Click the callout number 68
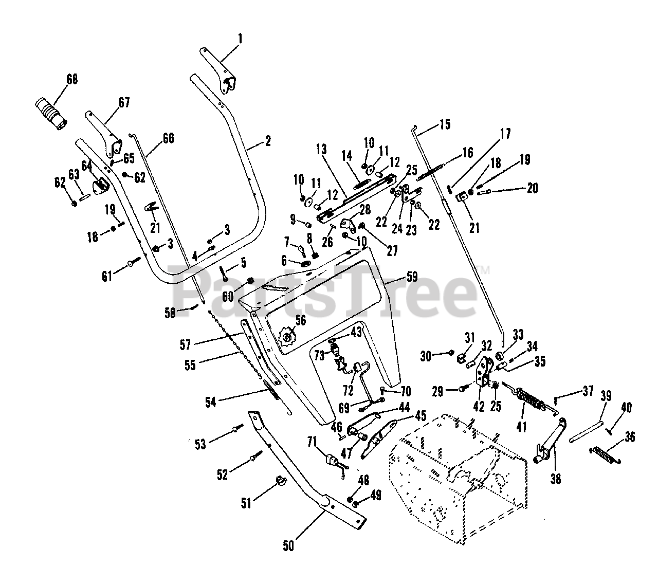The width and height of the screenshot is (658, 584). tap(73, 79)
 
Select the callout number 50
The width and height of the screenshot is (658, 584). tap(288, 546)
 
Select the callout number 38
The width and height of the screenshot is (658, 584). tap(556, 479)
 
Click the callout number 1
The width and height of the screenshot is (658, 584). tap(240, 38)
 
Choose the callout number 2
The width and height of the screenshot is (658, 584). tap(267, 141)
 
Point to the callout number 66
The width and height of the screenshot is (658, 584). tap(168, 138)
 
